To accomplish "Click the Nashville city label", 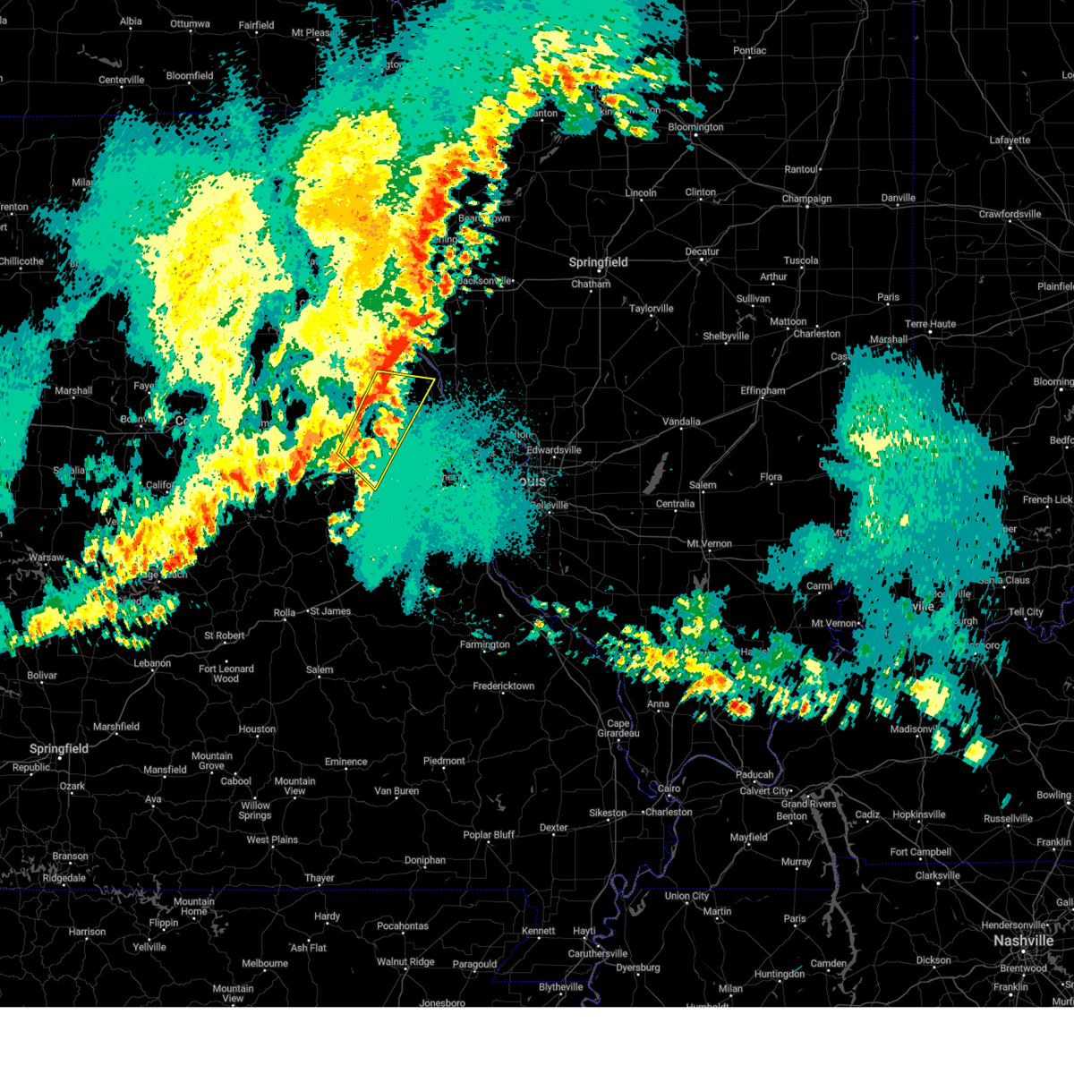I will point(1023,941).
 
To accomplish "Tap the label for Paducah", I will point(754,774).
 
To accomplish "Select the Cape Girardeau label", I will point(618,729).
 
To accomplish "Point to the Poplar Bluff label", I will point(489,835).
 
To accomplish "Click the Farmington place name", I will point(484,644).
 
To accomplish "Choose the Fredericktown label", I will point(504,686).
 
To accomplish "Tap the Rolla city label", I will point(284,613).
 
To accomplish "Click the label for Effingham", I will point(763,391).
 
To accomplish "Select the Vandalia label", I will point(681,422).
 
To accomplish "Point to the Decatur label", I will point(703,251).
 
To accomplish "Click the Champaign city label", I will point(806,199).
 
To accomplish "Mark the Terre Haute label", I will point(930,324).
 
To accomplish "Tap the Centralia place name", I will point(675,504).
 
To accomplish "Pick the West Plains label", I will point(272,840).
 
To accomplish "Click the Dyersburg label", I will point(637,967).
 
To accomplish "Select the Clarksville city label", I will point(937,876).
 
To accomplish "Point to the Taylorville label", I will point(651,309).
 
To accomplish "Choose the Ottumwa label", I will point(190,24).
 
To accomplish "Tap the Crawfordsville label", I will point(1010,214).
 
